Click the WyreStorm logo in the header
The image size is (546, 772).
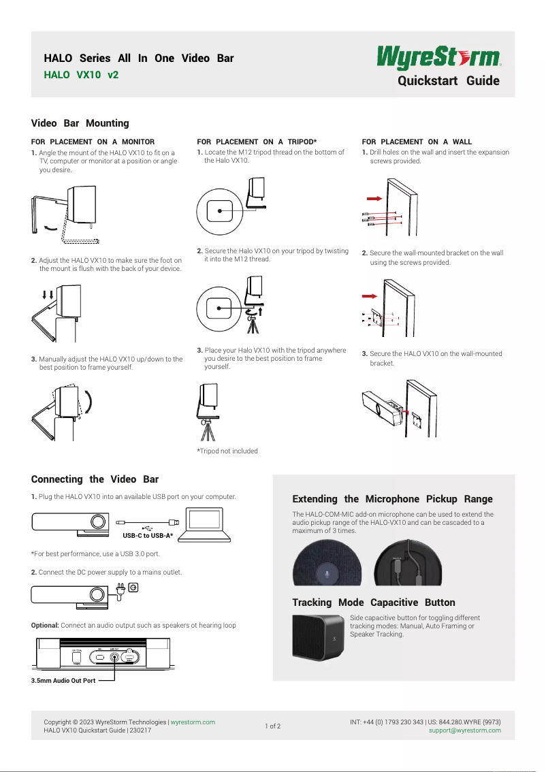point(439,57)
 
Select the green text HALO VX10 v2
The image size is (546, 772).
point(81,75)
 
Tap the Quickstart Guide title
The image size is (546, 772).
point(448,81)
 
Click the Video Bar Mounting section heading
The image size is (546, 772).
point(80,123)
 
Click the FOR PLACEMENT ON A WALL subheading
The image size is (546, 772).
point(417,142)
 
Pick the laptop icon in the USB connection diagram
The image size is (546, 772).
point(210,523)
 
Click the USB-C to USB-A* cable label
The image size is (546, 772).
point(148,536)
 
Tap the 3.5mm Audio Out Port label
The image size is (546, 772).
point(63,681)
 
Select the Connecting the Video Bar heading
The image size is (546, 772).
point(95,479)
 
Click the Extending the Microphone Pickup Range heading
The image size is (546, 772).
point(392,499)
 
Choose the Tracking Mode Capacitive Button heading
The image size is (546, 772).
point(373,602)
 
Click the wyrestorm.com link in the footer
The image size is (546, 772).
point(193,722)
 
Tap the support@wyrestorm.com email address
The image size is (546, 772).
point(464,730)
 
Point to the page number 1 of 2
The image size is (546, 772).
point(272,726)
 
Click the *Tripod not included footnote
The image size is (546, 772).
point(227,451)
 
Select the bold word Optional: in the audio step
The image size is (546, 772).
point(45,625)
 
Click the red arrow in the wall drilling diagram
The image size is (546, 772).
point(373,198)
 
